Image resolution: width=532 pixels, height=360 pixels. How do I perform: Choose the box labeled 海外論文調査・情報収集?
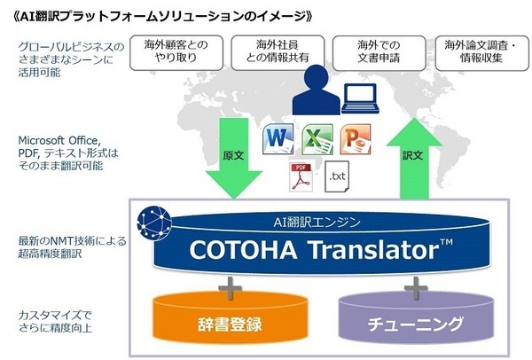click(x=474, y=52)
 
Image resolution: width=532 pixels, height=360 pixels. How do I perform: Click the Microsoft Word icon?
click(x=278, y=139)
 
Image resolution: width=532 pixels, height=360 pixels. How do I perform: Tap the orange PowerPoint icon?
click(x=355, y=139)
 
